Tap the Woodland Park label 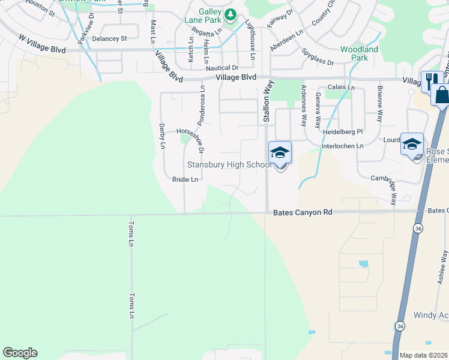[x=359, y=53]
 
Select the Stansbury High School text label [x=228, y=164]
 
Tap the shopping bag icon [x=441, y=95]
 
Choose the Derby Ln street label [x=162, y=136]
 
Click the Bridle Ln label [x=185, y=179]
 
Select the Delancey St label [x=110, y=38]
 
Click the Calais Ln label [x=342, y=88]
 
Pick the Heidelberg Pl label [x=343, y=131]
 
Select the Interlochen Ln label [x=343, y=146]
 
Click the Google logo [x=20, y=353]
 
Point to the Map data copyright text [x=424, y=355]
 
